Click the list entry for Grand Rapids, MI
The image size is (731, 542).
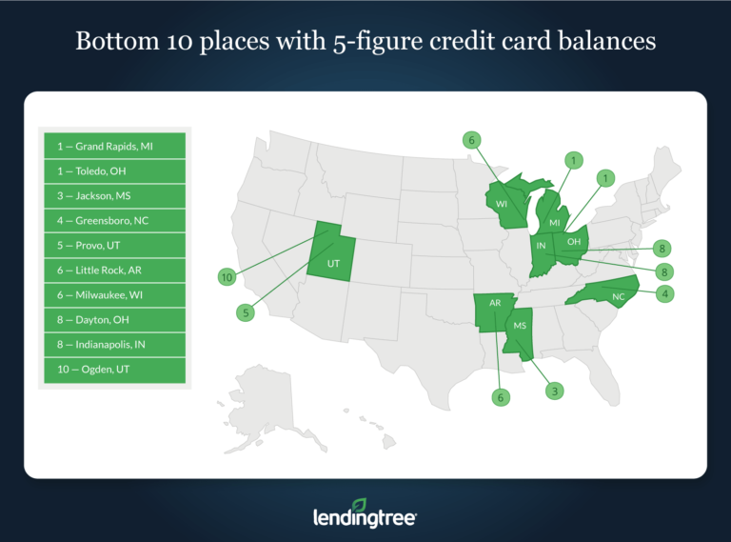pyautogui.click(x=114, y=147)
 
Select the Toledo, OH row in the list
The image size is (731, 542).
pyautogui.click(x=114, y=171)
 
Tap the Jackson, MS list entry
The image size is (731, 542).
pyautogui.click(x=114, y=196)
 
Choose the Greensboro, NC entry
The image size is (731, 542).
pyautogui.click(x=114, y=221)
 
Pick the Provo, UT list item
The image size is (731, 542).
pyautogui.click(x=114, y=246)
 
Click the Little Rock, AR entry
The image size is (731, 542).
pyautogui.click(x=114, y=271)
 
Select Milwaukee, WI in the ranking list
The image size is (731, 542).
pyautogui.click(x=114, y=295)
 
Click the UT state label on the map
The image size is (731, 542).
pyautogui.click(x=334, y=261)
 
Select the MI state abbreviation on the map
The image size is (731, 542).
pyautogui.click(x=552, y=222)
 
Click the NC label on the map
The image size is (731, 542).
pyautogui.click(x=618, y=296)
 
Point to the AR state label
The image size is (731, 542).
pyautogui.click(x=495, y=303)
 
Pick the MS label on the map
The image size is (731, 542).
pyautogui.click(x=520, y=325)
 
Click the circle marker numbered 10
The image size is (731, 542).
pyautogui.click(x=227, y=277)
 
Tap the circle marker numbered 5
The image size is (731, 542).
pyautogui.click(x=247, y=311)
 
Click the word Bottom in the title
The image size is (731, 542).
pyautogui.click(x=119, y=43)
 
